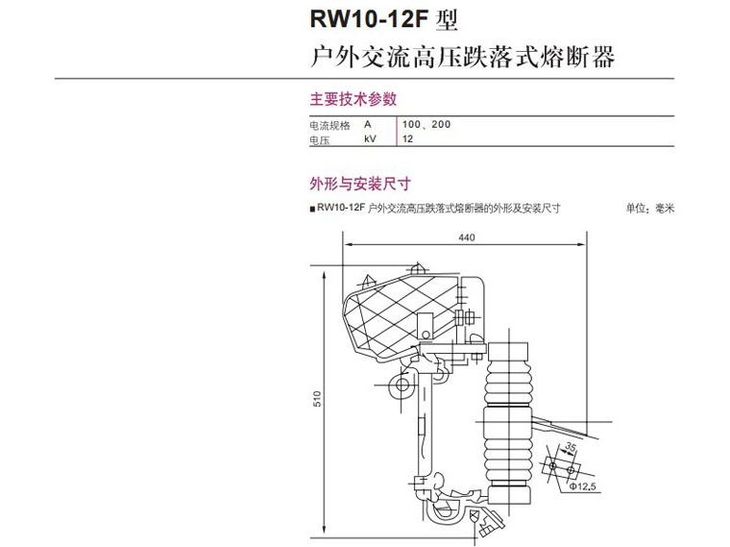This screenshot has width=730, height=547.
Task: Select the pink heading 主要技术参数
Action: tap(353, 98)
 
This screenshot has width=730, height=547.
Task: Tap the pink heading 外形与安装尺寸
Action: tap(359, 184)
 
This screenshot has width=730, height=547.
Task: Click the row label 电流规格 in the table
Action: tap(329, 126)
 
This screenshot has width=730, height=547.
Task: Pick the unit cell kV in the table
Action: tap(371, 140)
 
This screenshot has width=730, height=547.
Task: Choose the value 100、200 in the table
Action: tap(426, 125)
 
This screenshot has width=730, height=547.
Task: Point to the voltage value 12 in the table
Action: tap(408, 140)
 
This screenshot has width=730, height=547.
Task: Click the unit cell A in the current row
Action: tap(367, 125)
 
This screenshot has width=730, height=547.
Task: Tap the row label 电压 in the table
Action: tap(319, 140)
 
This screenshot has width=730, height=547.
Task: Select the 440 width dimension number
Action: tap(467, 237)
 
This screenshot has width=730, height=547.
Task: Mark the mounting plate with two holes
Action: tap(561, 467)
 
